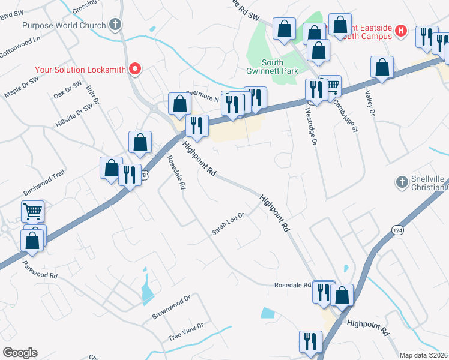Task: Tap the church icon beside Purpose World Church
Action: [116, 25]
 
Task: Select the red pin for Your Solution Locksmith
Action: [136, 69]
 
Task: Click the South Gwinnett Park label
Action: [280, 67]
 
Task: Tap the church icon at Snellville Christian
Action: [402, 181]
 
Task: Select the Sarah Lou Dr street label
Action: [228, 224]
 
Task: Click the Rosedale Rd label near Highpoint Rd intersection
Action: [292, 285]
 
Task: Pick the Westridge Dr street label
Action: [310, 125]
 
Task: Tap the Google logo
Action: [20, 353]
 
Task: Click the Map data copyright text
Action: [424, 355]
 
